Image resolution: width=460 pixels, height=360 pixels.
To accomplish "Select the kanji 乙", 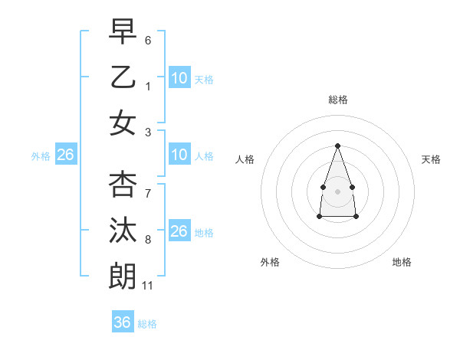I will click(x=123, y=77).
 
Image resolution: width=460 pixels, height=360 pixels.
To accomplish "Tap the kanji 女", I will click(x=123, y=123).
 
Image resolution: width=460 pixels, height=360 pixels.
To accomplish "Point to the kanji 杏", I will click(x=123, y=184).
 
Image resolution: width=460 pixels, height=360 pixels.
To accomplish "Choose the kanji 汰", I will click(x=123, y=230).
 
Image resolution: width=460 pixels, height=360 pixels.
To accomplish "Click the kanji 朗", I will click(x=123, y=276).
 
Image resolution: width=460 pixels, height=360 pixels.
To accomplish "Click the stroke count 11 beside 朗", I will click(x=148, y=286).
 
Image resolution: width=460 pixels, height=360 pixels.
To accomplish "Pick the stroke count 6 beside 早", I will click(x=148, y=41).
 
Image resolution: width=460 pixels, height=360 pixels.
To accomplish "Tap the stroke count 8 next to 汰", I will click(x=148, y=240).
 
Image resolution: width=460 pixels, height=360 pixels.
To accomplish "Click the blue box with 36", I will click(x=123, y=322).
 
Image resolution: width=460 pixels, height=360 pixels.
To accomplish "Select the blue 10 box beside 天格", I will click(x=179, y=78).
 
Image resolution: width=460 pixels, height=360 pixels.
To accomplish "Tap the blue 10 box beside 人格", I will click(x=179, y=155).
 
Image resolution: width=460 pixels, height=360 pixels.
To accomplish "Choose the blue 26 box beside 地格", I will click(x=179, y=231).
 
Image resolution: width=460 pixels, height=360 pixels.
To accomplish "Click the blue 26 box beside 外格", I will click(x=65, y=155).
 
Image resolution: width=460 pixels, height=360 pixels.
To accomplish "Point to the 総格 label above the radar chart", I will click(x=337, y=100).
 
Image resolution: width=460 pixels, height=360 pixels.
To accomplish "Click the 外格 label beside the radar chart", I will click(x=270, y=262).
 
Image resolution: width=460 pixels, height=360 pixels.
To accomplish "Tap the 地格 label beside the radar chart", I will click(x=402, y=262).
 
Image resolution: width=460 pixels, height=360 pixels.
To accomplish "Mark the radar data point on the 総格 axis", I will click(x=337, y=146).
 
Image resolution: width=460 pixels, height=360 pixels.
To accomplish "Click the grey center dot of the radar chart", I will click(x=337, y=190).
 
